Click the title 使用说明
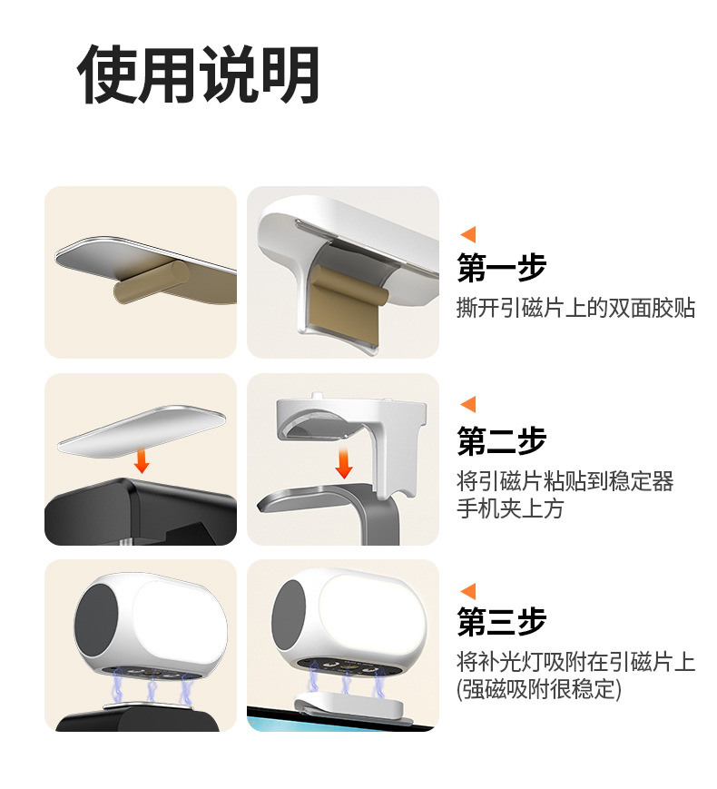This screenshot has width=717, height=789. (x=198, y=74)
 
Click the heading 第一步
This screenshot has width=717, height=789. (x=502, y=267)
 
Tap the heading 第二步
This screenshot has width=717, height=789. (x=502, y=440)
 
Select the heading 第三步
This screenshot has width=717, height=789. (x=502, y=621)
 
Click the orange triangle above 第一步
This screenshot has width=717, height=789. (x=468, y=235)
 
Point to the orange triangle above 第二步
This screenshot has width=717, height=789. (x=468, y=405)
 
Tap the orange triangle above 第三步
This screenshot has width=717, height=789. (x=468, y=592)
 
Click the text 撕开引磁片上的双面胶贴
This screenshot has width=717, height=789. (x=575, y=308)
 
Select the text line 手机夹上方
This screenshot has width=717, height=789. (x=510, y=508)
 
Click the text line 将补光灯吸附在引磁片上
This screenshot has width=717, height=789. (x=575, y=662)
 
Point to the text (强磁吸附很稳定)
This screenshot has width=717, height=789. (x=539, y=689)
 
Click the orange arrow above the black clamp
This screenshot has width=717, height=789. (x=142, y=460)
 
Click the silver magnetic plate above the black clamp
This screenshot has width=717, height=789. (x=142, y=431)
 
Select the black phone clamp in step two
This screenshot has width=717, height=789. (x=141, y=512)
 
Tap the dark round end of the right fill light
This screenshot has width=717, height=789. (x=289, y=616)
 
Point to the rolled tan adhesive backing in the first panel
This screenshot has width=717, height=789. (x=151, y=282)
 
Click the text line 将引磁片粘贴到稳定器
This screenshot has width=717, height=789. (x=565, y=481)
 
